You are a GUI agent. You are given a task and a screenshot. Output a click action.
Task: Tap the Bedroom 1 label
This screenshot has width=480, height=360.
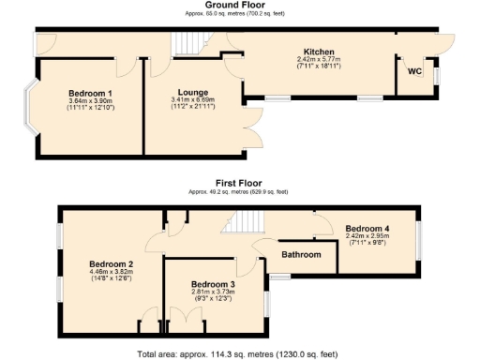click(90, 94)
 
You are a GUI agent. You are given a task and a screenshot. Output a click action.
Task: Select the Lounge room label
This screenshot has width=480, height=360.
click(188, 93)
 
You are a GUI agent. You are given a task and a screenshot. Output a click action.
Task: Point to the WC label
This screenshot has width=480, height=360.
click(414, 70)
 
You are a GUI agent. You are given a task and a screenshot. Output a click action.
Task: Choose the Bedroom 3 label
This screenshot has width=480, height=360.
click(213, 283)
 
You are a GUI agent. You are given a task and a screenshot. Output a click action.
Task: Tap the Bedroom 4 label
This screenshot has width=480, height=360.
click(367, 228)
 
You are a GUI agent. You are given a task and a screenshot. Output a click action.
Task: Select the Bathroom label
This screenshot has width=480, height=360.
click(301, 254)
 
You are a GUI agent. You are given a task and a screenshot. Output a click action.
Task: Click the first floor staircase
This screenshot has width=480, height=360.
click(247, 223)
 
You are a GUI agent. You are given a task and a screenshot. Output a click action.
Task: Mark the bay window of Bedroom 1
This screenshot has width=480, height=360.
click(31, 112)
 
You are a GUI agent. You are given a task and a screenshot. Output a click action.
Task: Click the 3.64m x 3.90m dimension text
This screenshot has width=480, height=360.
click(90, 102)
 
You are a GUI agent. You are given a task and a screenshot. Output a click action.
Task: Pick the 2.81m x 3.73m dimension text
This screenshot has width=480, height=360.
click(213, 292)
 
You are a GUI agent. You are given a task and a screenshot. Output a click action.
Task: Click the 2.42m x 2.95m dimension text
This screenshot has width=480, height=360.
click(367, 236)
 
